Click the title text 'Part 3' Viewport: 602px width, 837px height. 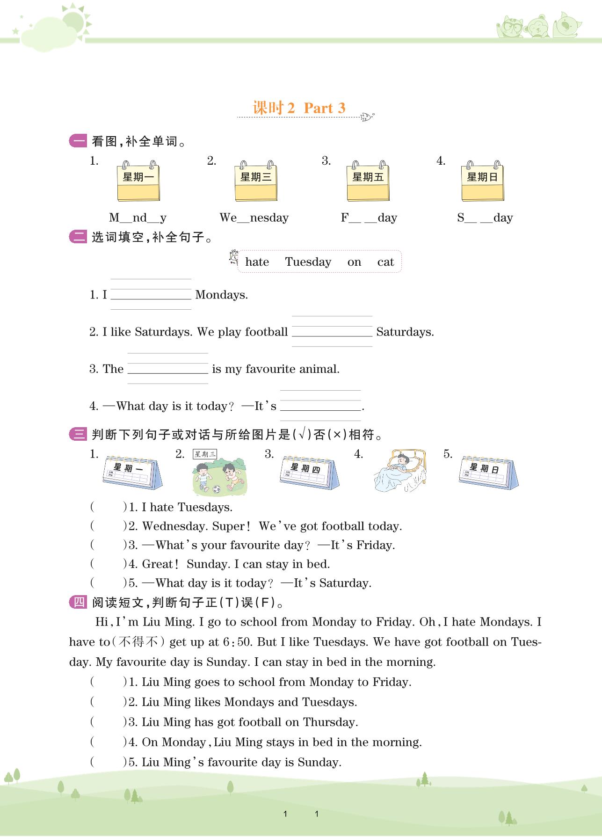pyautogui.click(x=325, y=108)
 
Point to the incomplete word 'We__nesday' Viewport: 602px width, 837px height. pyautogui.click(x=254, y=218)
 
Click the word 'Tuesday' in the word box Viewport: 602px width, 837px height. pyautogui.click(x=308, y=262)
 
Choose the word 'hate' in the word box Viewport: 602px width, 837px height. pyautogui.click(x=257, y=262)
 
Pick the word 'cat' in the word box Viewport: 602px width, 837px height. pyautogui.click(x=385, y=262)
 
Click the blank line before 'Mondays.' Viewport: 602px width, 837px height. pyautogui.click(x=151, y=294)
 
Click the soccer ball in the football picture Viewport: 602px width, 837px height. pyautogui.click(x=217, y=489)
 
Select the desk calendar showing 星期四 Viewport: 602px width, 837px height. pyautogui.click(x=309, y=473)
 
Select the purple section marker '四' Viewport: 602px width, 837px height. pyautogui.click(x=78, y=602)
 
